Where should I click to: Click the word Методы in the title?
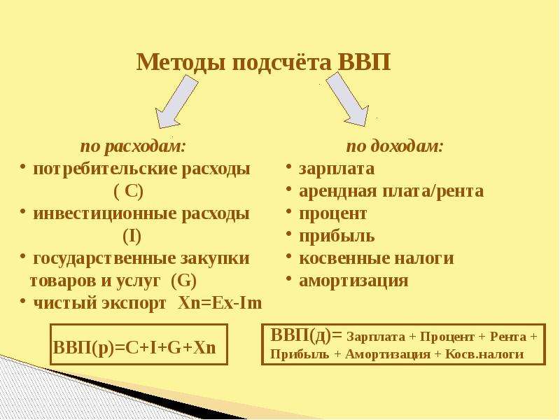[181, 63]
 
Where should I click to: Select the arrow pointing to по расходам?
[176, 101]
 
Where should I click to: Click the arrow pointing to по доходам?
[348, 99]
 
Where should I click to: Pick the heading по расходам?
[133, 146]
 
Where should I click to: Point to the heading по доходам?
[395, 146]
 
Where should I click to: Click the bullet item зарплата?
[337, 169]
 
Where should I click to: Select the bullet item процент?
[333, 214]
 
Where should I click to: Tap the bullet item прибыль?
[337, 236]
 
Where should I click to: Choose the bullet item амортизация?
[353, 281]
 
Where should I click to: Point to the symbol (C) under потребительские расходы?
[129, 192]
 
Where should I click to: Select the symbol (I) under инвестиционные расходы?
[132, 237]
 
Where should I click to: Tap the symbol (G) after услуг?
[184, 281]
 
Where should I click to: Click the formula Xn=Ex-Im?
[220, 303]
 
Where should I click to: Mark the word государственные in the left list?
[104, 259]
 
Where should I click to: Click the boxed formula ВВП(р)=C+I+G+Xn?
[134, 347]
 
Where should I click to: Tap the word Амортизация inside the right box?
[388, 354]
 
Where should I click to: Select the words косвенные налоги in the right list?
[377, 258]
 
